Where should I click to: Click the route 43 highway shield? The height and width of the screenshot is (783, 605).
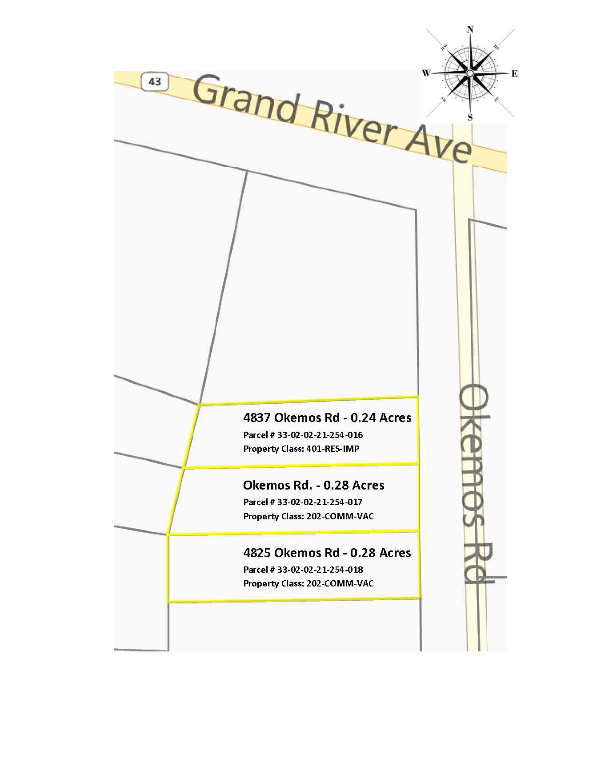pos(155,82)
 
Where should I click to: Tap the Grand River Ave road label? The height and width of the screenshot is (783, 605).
pos(331,118)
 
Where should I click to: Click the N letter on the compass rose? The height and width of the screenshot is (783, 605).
pos(470,30)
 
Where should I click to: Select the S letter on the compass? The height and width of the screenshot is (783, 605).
pos(470,118)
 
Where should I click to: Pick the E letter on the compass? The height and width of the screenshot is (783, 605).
pos(514,74)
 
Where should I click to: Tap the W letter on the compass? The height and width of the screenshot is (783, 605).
pos(426,73)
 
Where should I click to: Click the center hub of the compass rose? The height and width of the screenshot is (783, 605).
pos(470,73)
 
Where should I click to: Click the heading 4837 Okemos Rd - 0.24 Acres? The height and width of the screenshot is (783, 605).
pos(327,418)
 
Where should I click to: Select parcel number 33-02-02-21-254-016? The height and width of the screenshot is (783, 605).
pos(320,435)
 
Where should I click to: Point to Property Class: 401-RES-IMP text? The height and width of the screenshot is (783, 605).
pos(301,449)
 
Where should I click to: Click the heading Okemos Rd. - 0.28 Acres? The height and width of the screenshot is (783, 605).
pos(314,485)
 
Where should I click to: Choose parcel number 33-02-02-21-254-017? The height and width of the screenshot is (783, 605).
pos(320,502)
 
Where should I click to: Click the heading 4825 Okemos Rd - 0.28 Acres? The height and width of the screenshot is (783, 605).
pos(327,553)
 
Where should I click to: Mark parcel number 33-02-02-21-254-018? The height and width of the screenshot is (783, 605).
pos(320,570)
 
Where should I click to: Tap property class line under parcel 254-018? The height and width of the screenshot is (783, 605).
pos(309,583)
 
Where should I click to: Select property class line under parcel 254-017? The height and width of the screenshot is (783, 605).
pos(309,516)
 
